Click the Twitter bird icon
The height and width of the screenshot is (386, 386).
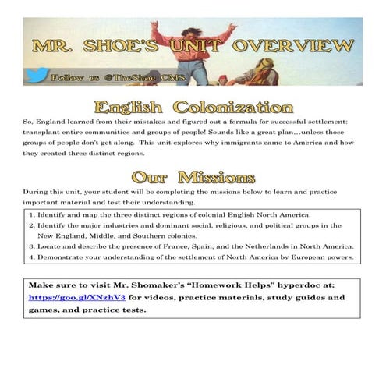(37, 79)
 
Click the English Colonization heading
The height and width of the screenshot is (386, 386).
(193, 108)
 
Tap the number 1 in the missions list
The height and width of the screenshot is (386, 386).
(30, 214)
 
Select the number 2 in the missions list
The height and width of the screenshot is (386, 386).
(30, 225)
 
